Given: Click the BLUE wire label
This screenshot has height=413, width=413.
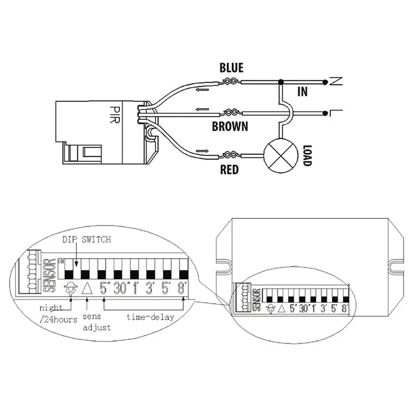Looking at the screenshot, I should coord(231,68).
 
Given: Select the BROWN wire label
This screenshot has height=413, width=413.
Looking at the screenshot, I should coord(230,125).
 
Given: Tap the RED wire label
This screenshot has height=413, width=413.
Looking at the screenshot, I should coord(229,169).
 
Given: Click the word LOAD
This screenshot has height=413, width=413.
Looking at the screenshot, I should coord(307,154).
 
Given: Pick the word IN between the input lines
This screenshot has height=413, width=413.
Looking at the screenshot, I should coord(303,92).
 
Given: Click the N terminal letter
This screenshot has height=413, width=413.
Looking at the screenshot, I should coord(336,81).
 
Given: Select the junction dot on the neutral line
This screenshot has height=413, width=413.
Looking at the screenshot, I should coord(280,82).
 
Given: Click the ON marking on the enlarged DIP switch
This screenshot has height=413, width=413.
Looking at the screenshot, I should coord(61,262).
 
